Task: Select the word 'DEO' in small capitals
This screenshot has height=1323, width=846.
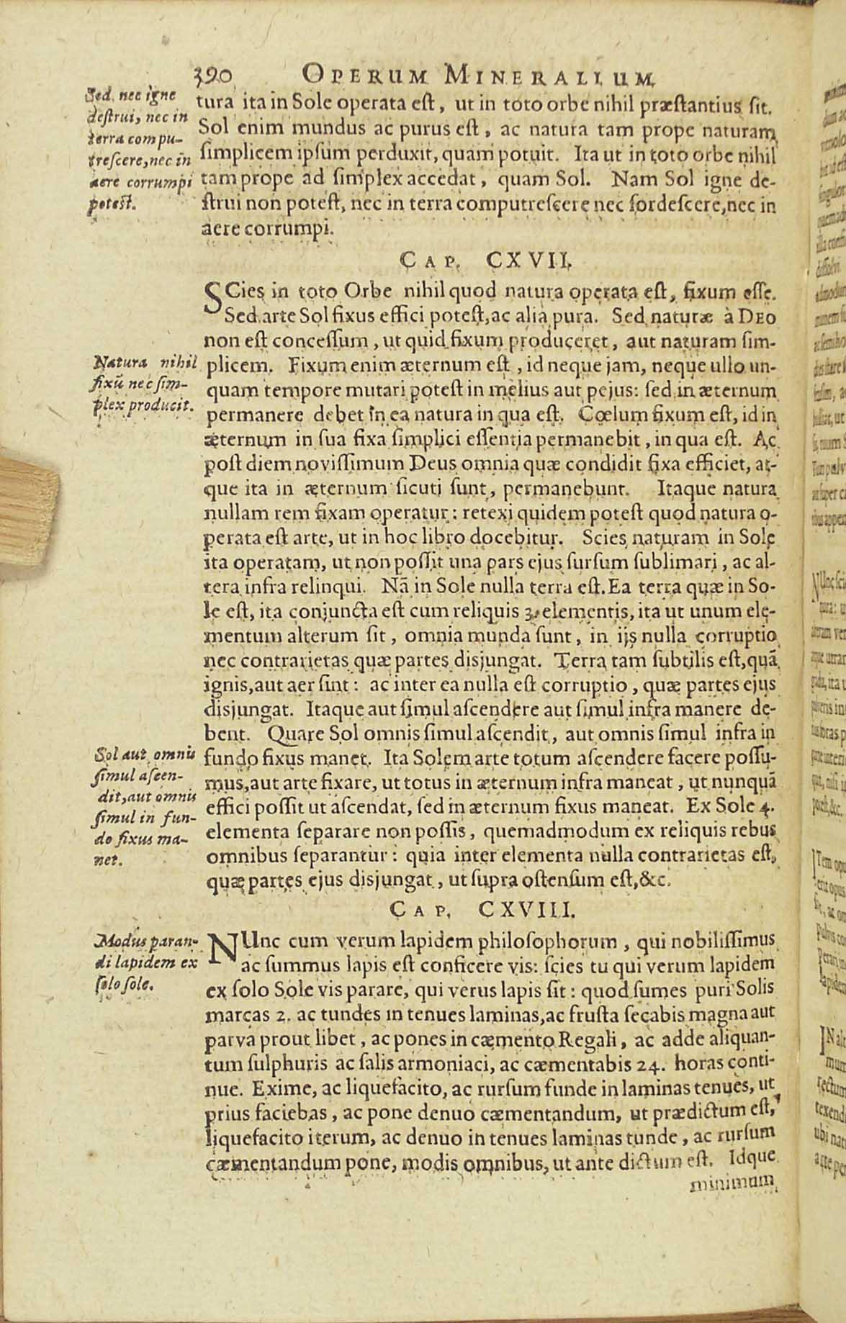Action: (757, 317)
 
